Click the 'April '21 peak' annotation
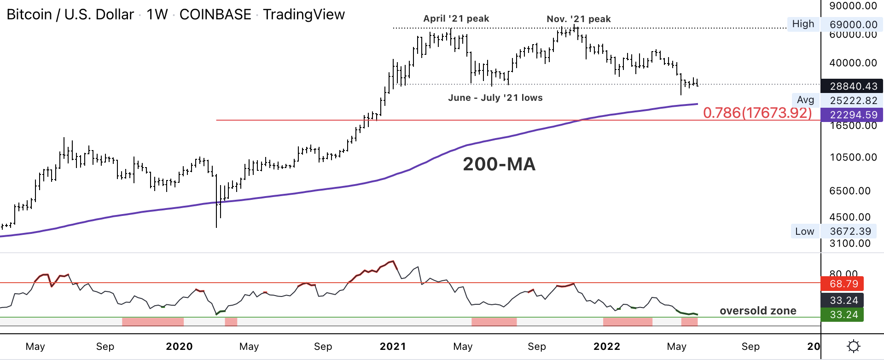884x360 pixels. [x=456, y=19]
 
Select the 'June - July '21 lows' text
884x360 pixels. [x=495, y=98]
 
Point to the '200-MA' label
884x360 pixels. [x=499, y=164]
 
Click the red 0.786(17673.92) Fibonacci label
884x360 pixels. [x=757, y=113]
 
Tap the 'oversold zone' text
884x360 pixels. [x=757, y=311]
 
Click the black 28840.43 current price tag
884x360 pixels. [x=853, y=86]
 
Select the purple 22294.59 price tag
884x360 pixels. [x=853, y=115]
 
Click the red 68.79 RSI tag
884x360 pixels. [x=843, y=284]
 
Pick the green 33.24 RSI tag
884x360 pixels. [x=843, y=315]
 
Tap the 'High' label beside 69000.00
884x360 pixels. [x=803, y=24]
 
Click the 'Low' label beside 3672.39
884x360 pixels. [x=804, y=232]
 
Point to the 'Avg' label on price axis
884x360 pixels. [x=805, y=100]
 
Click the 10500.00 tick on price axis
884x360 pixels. [x=853, y=157]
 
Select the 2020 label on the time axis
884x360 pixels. [x=179, y=347]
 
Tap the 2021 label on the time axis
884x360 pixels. [x=393, y=347]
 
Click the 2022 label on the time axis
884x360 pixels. [x=606, y=347]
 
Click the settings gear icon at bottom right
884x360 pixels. [x=853, y=346]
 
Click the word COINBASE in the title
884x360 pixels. [x=215, y=15]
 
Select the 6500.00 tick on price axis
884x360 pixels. [x=850, y=191]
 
